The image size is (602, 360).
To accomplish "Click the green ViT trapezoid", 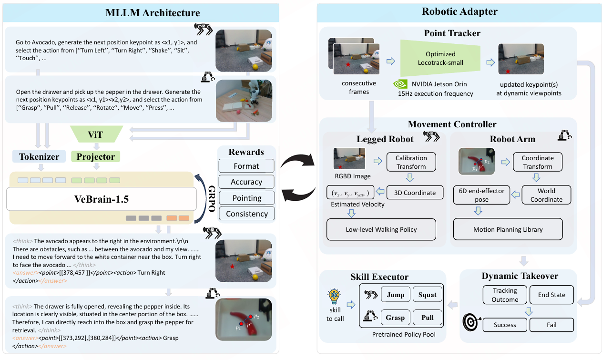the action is [96, 134].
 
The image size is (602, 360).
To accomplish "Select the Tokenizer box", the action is [39, 156].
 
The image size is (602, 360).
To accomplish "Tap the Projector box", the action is [95, 156].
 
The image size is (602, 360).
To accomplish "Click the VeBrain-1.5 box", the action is [102, 199].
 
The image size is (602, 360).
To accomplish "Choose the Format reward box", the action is [246, 166].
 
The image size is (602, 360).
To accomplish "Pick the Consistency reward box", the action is [247, 214].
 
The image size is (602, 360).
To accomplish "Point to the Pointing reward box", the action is [247, 198].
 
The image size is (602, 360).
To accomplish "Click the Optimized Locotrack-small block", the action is [440, 58].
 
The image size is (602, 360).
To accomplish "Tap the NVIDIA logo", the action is [400, 84].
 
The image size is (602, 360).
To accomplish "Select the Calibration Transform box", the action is [411, 162].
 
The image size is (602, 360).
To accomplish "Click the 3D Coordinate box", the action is [415, 193].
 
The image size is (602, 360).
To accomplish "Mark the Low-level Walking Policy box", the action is [381, 229].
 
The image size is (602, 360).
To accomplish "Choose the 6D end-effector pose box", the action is [481, 195].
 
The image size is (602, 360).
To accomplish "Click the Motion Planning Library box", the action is [508, 229].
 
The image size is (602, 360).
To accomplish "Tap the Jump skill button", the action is [396, 295].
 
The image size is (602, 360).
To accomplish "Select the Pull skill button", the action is [428, 318].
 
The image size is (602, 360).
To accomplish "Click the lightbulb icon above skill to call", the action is [334, 297].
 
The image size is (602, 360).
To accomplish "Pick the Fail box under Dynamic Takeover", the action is [551, 325].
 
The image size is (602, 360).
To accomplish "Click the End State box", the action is [551, 295].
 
